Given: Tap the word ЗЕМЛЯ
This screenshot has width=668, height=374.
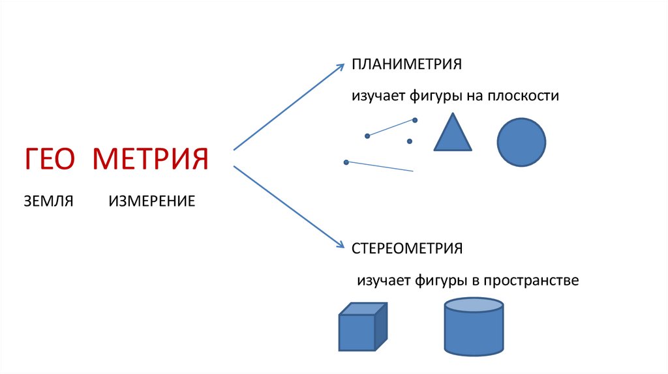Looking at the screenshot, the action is click(48, 200).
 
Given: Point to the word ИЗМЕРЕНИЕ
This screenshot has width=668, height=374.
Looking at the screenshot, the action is click(152, 200).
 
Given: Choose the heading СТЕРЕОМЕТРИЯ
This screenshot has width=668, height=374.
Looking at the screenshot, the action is click(408, 248).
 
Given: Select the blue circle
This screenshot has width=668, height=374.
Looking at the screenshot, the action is click(521, 142).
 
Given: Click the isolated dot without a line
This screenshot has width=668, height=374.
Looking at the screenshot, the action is click(410, 141).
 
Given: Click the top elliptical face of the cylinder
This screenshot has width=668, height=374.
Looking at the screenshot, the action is click(474, 305).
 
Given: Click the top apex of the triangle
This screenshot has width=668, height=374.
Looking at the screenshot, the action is click(452, 115).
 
